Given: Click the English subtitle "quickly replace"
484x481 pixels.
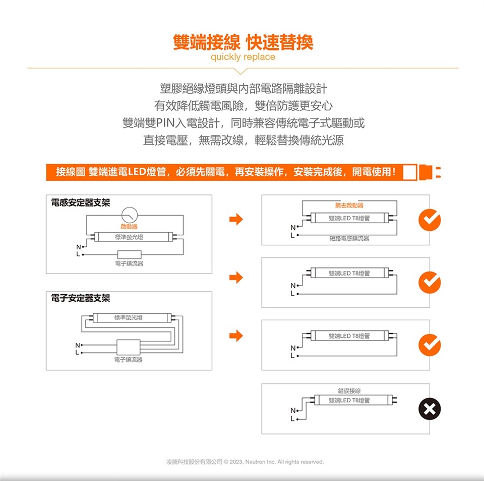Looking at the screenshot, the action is tap(243, 57).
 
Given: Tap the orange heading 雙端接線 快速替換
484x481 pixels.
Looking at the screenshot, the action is tap(243, 42).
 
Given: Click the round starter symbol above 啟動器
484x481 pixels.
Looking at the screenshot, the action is tap(130, 215).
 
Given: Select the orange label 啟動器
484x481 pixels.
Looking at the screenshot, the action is tap(129, 227).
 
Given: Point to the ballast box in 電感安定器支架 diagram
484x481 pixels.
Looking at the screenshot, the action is tap(130, 254).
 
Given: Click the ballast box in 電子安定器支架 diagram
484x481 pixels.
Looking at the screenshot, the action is tap(129, 347).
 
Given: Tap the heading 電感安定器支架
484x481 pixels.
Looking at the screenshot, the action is tap(81, 202).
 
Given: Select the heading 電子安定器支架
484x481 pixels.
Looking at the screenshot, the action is tap(81, 298).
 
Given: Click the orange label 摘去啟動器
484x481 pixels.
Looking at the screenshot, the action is tap(349, 205).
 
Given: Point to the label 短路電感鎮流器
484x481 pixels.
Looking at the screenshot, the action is tap(349, 238).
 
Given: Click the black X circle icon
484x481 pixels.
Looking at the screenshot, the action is tap(430, 409).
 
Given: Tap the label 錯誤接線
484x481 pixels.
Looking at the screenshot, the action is tap(349, 391).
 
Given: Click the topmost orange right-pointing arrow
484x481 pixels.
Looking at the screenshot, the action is tap(236, 219).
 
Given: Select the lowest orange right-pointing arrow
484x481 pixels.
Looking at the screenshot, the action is tap(236, 335).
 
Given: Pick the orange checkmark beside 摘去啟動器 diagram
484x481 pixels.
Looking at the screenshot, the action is tap(430, 220).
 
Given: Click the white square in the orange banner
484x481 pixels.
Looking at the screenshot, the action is tap(409, 172).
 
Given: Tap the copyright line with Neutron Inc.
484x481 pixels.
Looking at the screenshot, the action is tap(245, 461).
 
